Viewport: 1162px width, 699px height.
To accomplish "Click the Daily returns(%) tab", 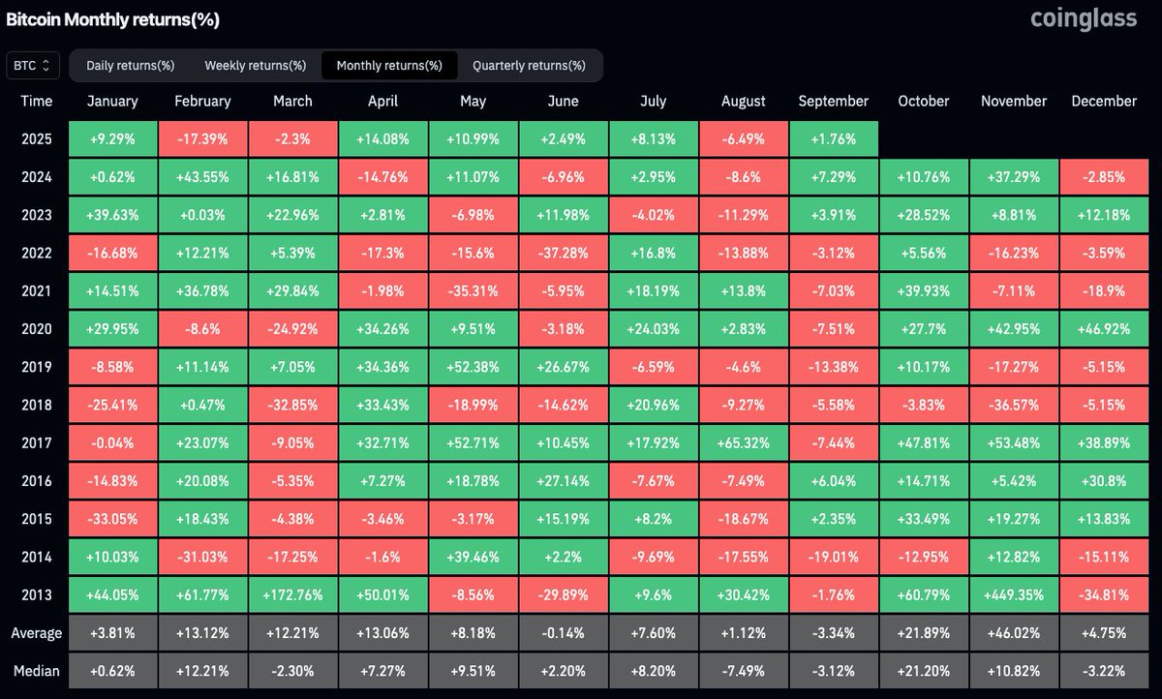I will (x=130, y=66).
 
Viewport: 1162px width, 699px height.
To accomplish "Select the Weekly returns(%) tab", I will (x=255, y=66).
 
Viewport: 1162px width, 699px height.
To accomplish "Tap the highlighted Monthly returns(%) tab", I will (x=389, y=66).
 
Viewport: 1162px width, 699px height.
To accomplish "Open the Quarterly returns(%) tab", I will (x=529, y=66).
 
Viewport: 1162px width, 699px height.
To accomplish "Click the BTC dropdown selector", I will (x=33, y=65).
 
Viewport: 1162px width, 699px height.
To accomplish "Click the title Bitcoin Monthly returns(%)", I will (x=113, y=19).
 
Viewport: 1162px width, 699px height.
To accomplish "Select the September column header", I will (x=834, y=101).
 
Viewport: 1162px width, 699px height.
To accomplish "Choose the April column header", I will (x=382, y=101).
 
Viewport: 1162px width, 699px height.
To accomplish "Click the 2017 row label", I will (x=37, y=442).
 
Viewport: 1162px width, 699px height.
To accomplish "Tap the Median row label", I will (x=37, y=671).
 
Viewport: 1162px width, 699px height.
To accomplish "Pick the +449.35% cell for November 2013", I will (x=1014, y=594).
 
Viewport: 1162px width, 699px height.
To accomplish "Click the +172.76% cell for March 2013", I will (x=292, y=594).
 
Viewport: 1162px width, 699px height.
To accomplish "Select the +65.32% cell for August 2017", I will (x=744, y=442).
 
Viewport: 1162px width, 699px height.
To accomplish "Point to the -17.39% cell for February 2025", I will (x=202, y=138).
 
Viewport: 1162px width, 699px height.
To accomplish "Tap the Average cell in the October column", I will (x=924, y=633).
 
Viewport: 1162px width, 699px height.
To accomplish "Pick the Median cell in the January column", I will (x=112, y=671).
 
